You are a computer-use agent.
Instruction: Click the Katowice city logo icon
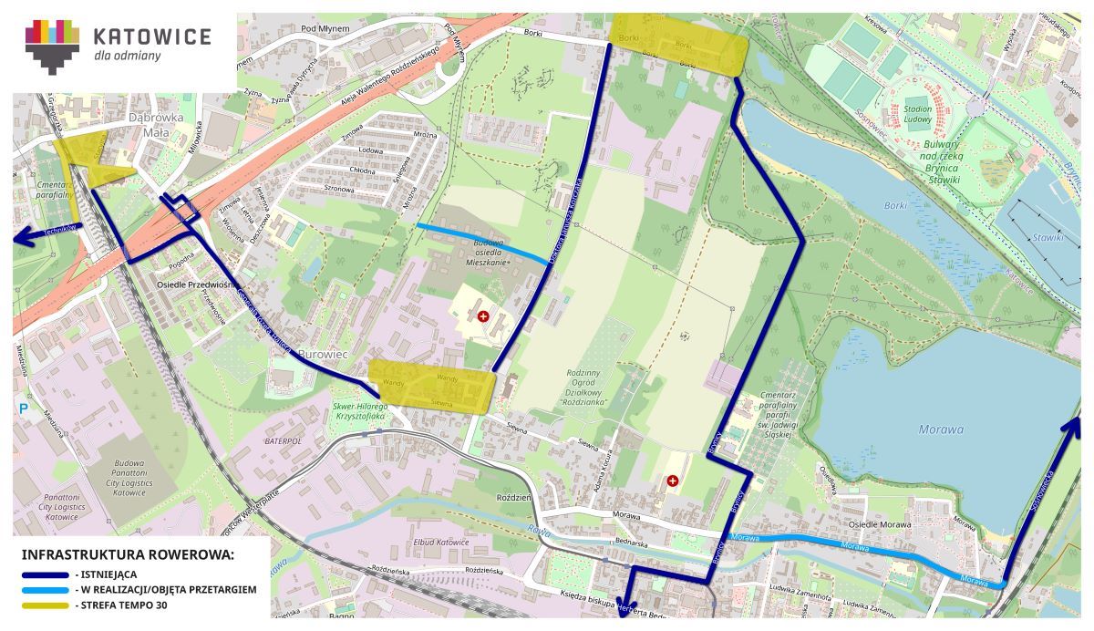[52, 45]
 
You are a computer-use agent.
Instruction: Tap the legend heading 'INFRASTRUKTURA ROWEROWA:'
[128, 554]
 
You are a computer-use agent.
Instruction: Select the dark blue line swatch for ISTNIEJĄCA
[46, 574]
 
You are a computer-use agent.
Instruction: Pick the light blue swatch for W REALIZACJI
[46, 590]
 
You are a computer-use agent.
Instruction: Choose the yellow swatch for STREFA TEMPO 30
[46, 605]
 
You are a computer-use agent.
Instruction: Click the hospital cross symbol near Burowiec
[482, 315]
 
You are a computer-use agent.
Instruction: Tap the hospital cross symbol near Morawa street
[673, 480]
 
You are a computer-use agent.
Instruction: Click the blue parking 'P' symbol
[23, 409]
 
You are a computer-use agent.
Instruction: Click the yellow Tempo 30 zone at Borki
[678, 43]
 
